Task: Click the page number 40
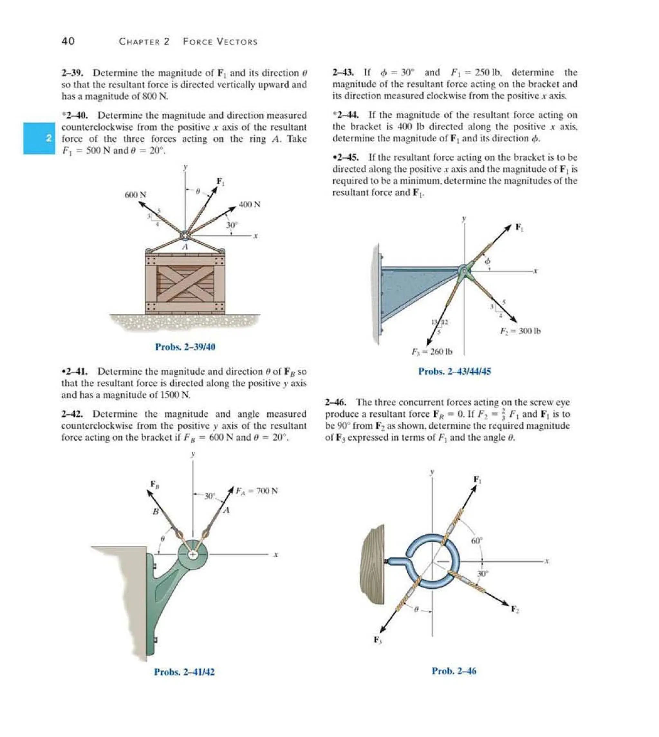pyautogui.click(x=68, y=41)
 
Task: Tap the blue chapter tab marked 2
pyautogui.click(x=40, y=138)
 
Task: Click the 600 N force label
pyautogui.click(x=135, y=195)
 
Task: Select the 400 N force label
pyautogui.click(x=249, y=205)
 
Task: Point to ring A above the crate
pyautogui.click(x=185, y=236)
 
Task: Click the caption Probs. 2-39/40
pyautogui.click(x=185, y=347)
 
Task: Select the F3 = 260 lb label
pyautogui.click(x=432, y=352)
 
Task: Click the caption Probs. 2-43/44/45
pyautogui.click(x=454, y=372)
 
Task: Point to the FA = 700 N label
pyautogui.click(x=257, y=491)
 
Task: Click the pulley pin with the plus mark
pyautogui.click(x=193, y=555)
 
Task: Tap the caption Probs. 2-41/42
pyautogui.click(x=184, y=672)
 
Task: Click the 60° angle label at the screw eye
pyautogui.click(x=477, y=541)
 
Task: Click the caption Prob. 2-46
pyautogui.click(x=454, y=671)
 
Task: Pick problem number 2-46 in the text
pyautogui.click(x=336, y=403)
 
